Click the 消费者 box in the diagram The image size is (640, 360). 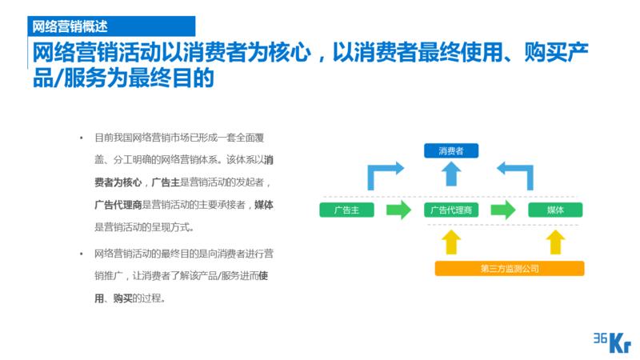point(451,150)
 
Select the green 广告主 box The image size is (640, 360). point(346,210)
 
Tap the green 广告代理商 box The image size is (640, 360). point(451,210)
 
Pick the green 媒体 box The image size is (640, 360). point(555,210)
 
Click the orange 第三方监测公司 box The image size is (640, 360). point(510,268)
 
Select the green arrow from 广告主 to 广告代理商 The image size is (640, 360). point(398,210)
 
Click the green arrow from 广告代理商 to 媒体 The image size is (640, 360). point(503,210)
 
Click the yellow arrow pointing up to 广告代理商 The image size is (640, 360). point(451,242)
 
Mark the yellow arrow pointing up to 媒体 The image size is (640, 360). point(555,242)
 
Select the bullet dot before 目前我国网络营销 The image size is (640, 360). point(81,137)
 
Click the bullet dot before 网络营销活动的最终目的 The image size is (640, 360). point(81,254)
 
